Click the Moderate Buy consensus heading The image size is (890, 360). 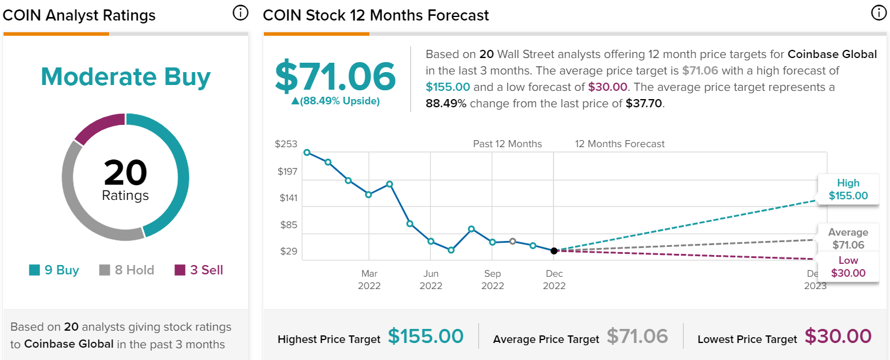tap(125, 77)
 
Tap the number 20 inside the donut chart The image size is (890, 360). tap(125, 173)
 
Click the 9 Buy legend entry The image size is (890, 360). tap(54, 270)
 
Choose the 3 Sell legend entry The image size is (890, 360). tap(199, 270)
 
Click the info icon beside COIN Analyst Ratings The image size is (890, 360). tap(240, 13)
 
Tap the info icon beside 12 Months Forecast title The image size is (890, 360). tap(878, 13)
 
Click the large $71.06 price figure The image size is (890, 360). tap(335, 77)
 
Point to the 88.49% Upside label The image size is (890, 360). tap(335, 101)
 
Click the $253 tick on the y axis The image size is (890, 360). tap(286, 144)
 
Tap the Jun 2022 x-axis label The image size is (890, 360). tap(431, 280)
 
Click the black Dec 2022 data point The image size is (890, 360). tap(554, 251)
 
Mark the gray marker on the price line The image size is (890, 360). tap(512, 241)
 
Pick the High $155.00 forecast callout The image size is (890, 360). tap(848, 190)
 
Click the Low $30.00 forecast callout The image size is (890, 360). tap(848, 267)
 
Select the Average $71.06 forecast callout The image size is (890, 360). tap(848, 239)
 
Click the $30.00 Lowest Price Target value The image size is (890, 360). tap(838, 336)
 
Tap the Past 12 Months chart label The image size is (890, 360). tap(508, 144)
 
